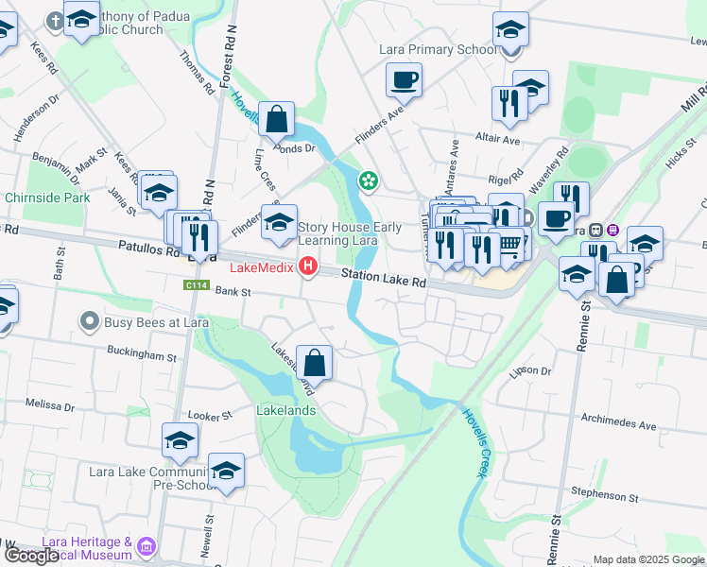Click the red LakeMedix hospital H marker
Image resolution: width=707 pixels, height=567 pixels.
pyautogui.click(x=307, y=268)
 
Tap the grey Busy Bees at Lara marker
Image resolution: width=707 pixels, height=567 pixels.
pyautogui.click(x=90, y=322)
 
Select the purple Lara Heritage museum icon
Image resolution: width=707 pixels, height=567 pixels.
pyautogui.click(x=146, y=547)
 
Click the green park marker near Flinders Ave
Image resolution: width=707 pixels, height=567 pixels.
pyautogui.click(x=367, y=180)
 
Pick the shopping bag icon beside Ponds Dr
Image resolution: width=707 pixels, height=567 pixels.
pyautogui.click(x=277, y=120)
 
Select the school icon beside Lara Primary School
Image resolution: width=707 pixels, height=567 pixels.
pyautogui.click(x=510, y=30)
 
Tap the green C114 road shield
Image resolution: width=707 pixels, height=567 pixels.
pyautogui.click(x=196, y=283)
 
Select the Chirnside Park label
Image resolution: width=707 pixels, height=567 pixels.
pyautogui.click(x=47, y=198)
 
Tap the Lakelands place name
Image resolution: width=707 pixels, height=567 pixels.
pyautogui.click(x=285, y=411)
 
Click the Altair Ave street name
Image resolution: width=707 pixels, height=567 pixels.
pyautogui.click(x=498, y=140)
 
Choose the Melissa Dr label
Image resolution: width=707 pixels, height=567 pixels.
pyautogui.click(x=50, y=404)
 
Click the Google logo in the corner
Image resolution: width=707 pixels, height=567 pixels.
pyautogui.click(x=31, y=556)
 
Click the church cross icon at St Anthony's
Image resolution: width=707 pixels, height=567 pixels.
pyautogui.click(x=56, y=20)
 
